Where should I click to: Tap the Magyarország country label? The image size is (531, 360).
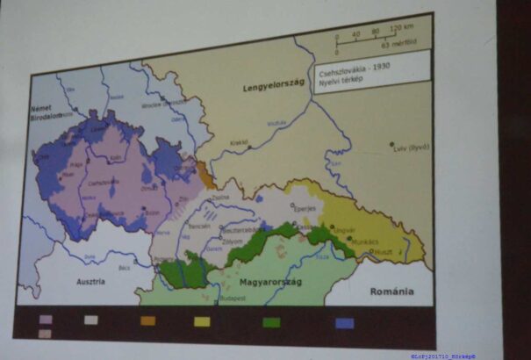tap(265, 284)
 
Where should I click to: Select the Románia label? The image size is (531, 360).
tap(392, 291)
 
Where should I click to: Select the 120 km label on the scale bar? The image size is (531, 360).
tap(402, 38)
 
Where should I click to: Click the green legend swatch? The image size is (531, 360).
tap(271, 322)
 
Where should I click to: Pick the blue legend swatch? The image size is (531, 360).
tap(345, 323)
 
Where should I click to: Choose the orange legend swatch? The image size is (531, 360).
tap(147, 320)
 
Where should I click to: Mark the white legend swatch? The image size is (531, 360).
tap(90, 320)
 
